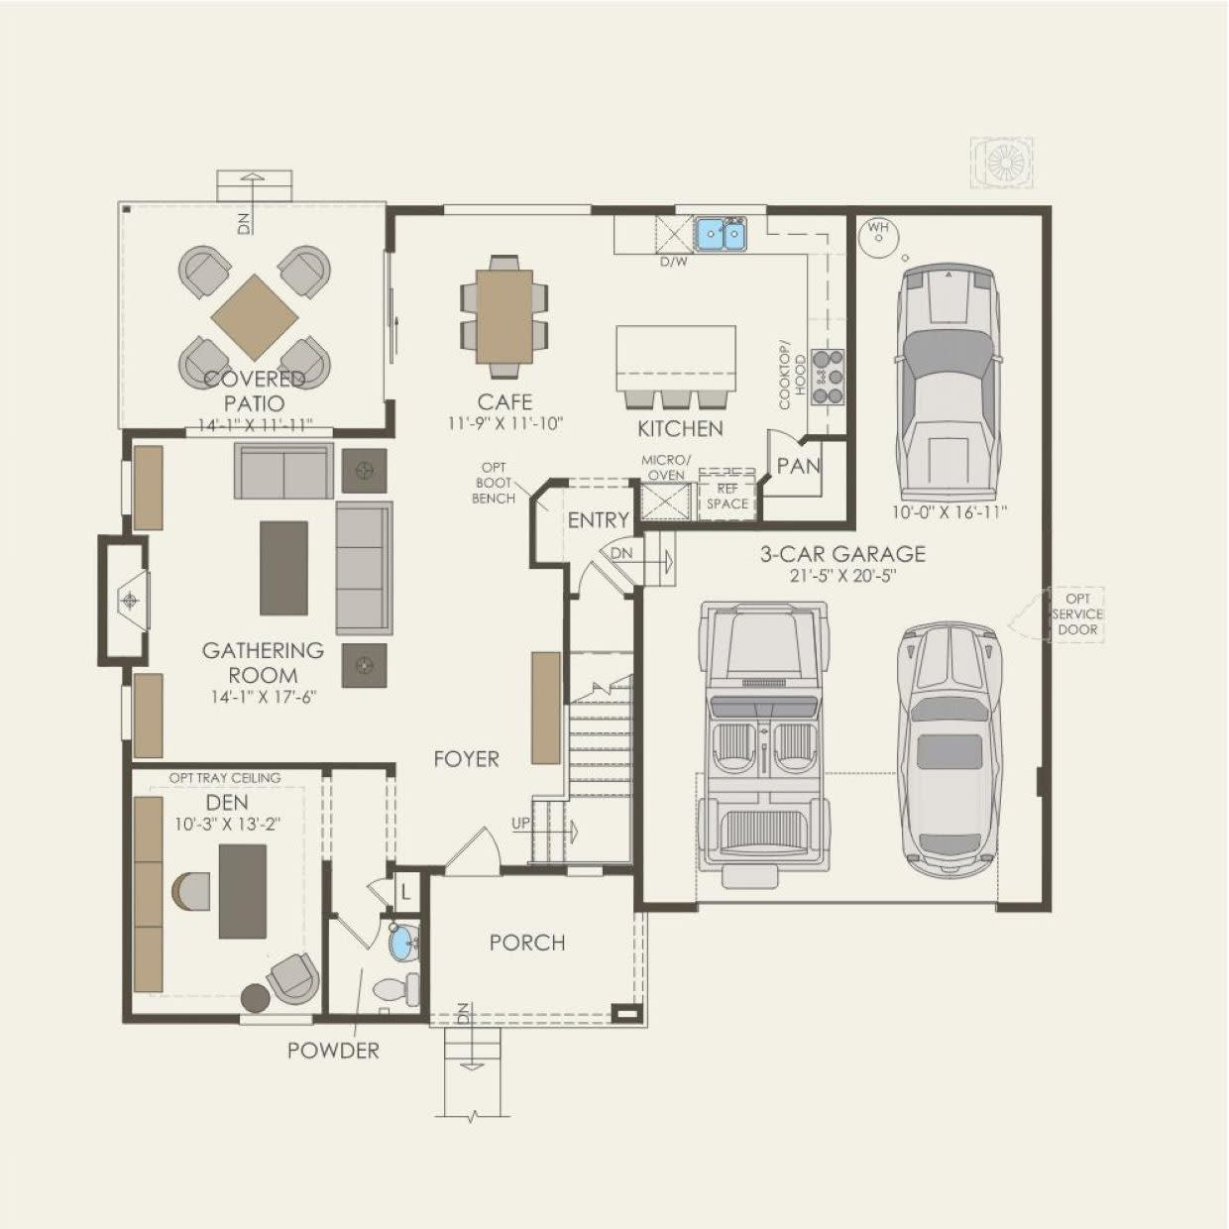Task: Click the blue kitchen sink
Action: (721, 234)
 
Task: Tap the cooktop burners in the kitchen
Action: (828, 377)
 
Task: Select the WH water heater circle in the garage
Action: (879, 237)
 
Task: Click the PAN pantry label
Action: (799, 466)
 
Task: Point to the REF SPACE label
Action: (727, 497)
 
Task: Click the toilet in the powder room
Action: (396, 988)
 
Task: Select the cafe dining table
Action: (503, 316)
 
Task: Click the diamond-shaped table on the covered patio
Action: (255, 317)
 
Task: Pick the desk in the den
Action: (243, 891)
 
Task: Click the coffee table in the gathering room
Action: (283, 568)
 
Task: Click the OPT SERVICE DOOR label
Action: (1077, 614)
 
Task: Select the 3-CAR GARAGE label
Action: (842, 554)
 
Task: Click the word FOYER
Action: (466, 759)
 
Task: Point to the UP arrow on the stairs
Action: (555, 831)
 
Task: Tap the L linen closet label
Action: (405, 892)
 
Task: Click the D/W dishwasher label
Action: (674, 262)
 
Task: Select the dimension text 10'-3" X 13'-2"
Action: (228, 825)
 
